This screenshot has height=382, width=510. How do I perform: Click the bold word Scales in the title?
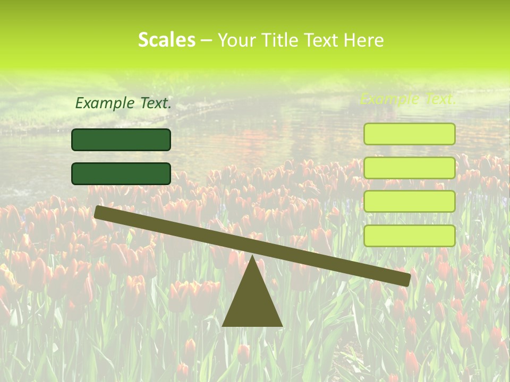[x=166, y=40]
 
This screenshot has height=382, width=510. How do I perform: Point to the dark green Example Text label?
[x=123, y=103]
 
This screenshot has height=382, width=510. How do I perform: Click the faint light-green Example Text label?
[x=408, y=99]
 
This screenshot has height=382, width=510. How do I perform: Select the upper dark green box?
[x=121, y=140]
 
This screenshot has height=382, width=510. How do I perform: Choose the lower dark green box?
[x=121, y=173]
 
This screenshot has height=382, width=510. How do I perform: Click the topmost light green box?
[x=410, y=134]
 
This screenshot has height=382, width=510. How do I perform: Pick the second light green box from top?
[x=410, y=168]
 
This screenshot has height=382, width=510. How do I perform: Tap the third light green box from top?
[x=410, y=202]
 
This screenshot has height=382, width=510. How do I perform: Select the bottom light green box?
[x=410, y=236]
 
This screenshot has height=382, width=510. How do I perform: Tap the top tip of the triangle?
[x=252, y=256]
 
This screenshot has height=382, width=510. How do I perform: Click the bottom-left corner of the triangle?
[x=223, y=325]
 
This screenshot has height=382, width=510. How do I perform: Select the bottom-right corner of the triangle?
[x=282, y=325]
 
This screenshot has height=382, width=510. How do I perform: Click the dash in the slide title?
[x=206, y=40]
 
